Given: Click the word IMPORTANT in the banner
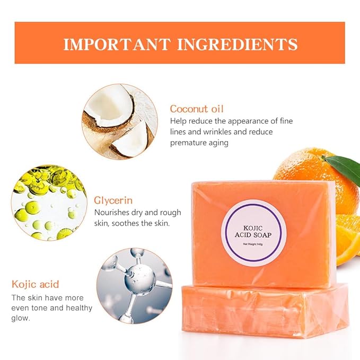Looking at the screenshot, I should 113,44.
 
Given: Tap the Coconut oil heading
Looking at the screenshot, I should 197,109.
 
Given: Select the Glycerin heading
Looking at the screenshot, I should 113,200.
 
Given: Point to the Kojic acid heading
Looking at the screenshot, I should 36,284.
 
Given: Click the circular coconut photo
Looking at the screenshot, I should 120,121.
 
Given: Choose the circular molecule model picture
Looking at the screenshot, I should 135,286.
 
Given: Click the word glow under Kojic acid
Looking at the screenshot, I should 21,319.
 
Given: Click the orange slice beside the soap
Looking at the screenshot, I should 348,239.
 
